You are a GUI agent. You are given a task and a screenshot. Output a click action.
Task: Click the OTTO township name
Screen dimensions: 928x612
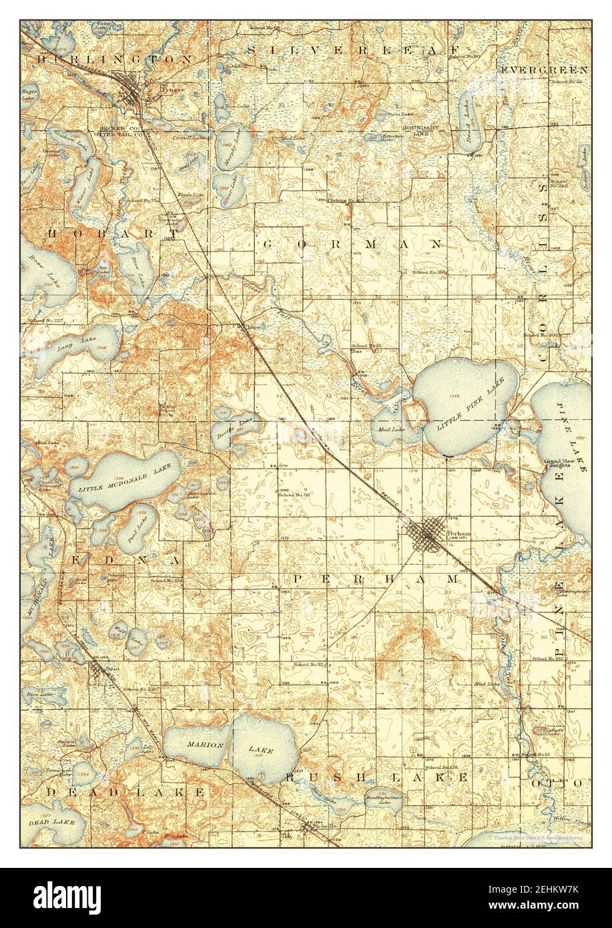click(568, 782)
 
